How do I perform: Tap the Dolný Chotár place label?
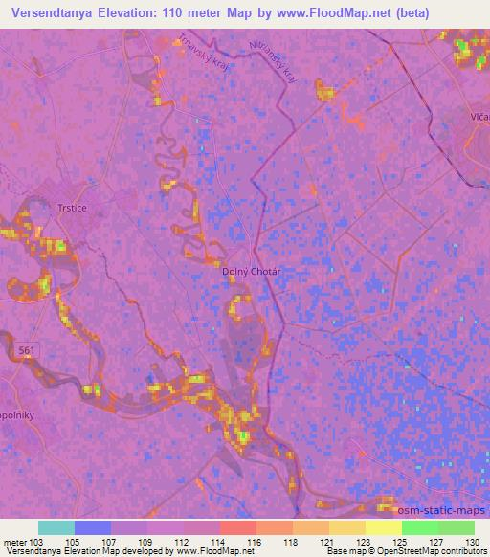[251, 271]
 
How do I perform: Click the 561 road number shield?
[28, 353]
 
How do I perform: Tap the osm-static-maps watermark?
[443, 511]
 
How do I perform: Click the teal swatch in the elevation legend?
[56, 527]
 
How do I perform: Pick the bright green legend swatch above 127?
[420, 527]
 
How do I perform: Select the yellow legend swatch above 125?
[384, 527]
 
